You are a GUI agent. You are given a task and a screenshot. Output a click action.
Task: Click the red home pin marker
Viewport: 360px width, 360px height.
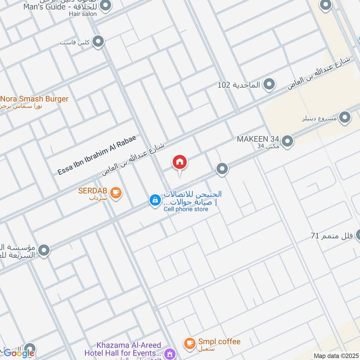click(x=180, y=162)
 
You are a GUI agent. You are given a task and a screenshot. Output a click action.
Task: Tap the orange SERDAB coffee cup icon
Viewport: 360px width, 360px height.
click(x=116, y=193)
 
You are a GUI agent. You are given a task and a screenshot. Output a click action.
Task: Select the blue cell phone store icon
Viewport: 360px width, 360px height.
click(x=155, y=200)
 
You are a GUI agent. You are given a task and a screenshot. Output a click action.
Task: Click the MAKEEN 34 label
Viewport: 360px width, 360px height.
click(x=259, y=139)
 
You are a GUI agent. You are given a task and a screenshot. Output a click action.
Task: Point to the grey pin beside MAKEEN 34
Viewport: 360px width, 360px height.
click(x=288, y=141)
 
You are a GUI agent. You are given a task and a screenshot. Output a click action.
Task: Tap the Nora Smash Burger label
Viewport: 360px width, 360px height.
click(x=35, y=99)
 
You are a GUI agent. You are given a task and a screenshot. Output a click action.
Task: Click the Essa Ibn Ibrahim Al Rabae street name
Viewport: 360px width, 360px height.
click(x=96, y=155)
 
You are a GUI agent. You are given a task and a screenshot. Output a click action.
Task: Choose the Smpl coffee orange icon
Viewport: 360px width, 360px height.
click(x=189, y=343)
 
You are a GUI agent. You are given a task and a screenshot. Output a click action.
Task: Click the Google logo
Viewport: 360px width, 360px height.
click(x=19, y=353)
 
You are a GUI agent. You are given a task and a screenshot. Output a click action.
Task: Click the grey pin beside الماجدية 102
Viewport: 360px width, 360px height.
click(x=269, y=84)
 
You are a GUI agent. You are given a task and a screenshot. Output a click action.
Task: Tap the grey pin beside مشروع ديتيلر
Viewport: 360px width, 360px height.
click(x=345, y=118)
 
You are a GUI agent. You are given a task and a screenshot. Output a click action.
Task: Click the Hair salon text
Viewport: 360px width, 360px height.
click(x=83, y=14)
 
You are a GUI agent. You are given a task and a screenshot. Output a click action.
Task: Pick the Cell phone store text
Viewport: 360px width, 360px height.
click(x=185, y=209)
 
